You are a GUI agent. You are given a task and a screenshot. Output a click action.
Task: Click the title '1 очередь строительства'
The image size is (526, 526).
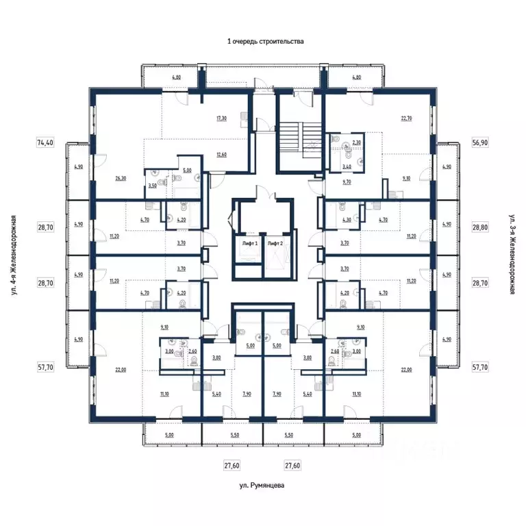(265, 41)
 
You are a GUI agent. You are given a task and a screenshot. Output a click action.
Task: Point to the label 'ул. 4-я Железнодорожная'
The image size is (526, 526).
(14, 255)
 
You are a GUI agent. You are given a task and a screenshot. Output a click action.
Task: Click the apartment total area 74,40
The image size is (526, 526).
(45, 142)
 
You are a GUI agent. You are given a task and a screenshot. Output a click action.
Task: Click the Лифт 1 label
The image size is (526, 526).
(249, 243)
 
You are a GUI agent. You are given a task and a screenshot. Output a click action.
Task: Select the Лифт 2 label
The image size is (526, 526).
(275, 243)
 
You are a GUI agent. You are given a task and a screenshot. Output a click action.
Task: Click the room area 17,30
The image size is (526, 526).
(221, 118)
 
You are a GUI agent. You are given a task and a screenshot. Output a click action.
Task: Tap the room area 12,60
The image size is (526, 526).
(221, 154)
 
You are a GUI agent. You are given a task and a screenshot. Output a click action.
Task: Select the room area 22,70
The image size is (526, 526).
(406, 118)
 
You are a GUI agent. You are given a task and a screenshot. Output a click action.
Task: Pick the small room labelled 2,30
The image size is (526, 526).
(355, 143)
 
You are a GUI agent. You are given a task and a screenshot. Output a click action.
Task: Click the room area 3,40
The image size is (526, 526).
(346, 166)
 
